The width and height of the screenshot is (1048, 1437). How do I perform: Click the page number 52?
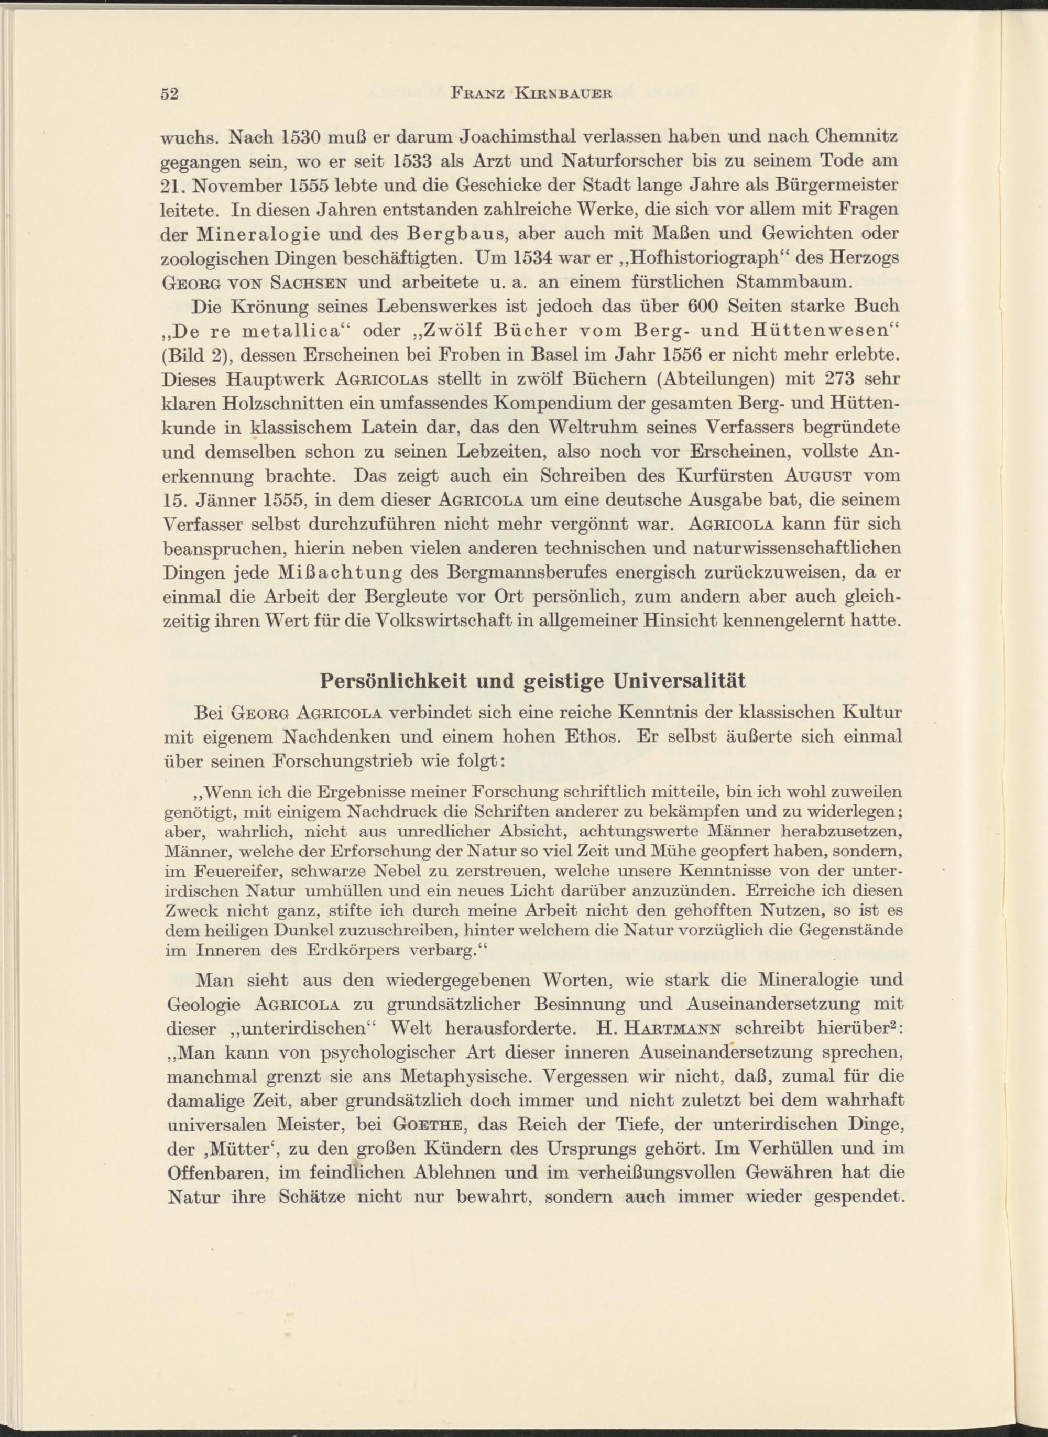click(x=170, y=94)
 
